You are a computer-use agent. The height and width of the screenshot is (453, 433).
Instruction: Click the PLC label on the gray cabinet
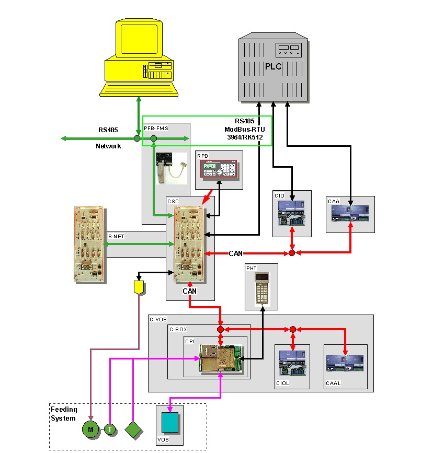click(273, 66)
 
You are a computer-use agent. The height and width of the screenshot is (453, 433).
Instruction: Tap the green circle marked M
click(90, 429)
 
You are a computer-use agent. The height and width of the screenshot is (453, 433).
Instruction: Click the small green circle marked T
click(110, 429)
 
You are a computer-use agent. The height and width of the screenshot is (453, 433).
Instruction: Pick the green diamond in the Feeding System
click(134, 429)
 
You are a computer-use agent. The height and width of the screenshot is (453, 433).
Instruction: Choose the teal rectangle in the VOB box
click(169, 423)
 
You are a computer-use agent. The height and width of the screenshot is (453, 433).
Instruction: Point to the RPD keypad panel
click(219, 170)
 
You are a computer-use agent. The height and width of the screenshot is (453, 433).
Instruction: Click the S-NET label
click(116, 237)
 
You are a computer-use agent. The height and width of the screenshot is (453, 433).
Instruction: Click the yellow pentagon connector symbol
click(139, 287)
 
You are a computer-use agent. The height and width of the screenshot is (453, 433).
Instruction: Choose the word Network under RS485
click(108, 146)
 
